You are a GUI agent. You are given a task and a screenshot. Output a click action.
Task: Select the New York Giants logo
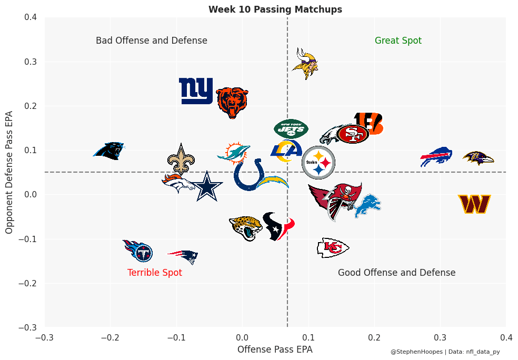pyautogui.click(x=196, y=91)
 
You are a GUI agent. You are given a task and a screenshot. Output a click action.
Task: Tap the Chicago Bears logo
pyautogui.click(x=232, y=102)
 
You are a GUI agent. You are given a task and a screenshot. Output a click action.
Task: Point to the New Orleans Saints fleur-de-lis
pyautogui.click(x=181, y=159)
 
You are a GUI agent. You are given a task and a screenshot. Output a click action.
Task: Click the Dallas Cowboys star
pyautogui.click(x=206, y=186)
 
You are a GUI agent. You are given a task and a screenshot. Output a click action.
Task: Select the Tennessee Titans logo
pyautogui.click(x=138, y=251)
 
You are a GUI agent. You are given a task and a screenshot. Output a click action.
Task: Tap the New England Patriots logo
pyautogui.click(x=183, y=256)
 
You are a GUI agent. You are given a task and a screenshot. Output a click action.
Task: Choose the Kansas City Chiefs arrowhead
pyautogui.click(x=333, y=247)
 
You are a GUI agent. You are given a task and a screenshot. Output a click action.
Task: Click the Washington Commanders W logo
pyautogui.click(x=474, y=204)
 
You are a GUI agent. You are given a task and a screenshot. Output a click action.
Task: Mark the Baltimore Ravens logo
pyautogui.click(x=478, y=158)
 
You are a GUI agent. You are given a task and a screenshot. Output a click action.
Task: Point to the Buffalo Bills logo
pyautogui.click(x=436, y=157)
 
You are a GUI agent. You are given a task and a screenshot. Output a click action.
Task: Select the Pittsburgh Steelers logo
pyautogui.click(x=318, y=163)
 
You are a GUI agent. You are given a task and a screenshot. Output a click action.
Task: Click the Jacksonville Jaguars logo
pyautogui.click(x=246, y=227)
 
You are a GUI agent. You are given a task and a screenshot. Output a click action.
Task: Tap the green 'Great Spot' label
pyautogui.click(x=398, y=41)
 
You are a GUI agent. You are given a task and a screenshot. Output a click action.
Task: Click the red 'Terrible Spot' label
pyautogui.click(x=155, y=273)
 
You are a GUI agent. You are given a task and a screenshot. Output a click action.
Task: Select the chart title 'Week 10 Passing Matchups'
pyautogui.click(x=275, y=9)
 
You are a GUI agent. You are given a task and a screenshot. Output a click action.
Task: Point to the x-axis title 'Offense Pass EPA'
pyautogui.click(x=275, y=349)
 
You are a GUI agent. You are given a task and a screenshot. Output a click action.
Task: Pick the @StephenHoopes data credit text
pyautogui.click(x=445, y=352)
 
